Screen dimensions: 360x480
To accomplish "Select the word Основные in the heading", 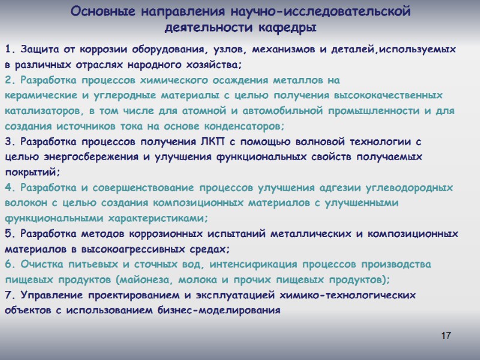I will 98,11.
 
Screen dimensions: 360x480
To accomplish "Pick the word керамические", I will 41,95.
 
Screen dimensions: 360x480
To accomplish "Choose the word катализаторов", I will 41,111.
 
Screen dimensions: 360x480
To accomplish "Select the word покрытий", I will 29,173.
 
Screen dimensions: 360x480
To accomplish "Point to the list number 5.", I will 8,234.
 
